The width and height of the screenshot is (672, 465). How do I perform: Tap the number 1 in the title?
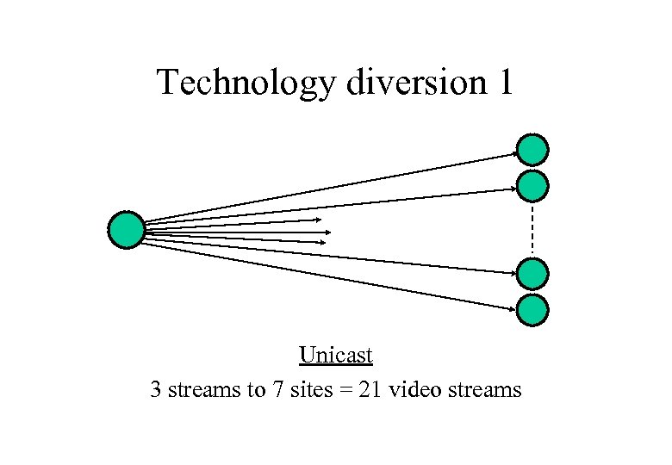(x=504, y=82)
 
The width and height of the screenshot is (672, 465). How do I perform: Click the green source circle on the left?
(x=127, y=230)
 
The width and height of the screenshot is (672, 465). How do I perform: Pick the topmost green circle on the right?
(x=533, y=150)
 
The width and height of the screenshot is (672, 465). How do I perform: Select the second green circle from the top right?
(x=533, y=185)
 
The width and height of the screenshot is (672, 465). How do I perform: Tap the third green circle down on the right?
(x=533, y=274)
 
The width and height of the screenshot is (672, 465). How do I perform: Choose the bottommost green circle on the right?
(x=533, y=309)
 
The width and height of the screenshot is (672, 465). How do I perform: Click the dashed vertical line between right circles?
(x=533, y=229)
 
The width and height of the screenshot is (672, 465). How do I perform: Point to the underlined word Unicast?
(x=336, y=355)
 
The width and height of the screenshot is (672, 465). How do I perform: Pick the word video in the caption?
(x=411, y=390)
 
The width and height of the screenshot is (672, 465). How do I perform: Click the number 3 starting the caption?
(x=156, y=390)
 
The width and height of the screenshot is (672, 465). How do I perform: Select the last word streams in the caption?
(x=482, y=390)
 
